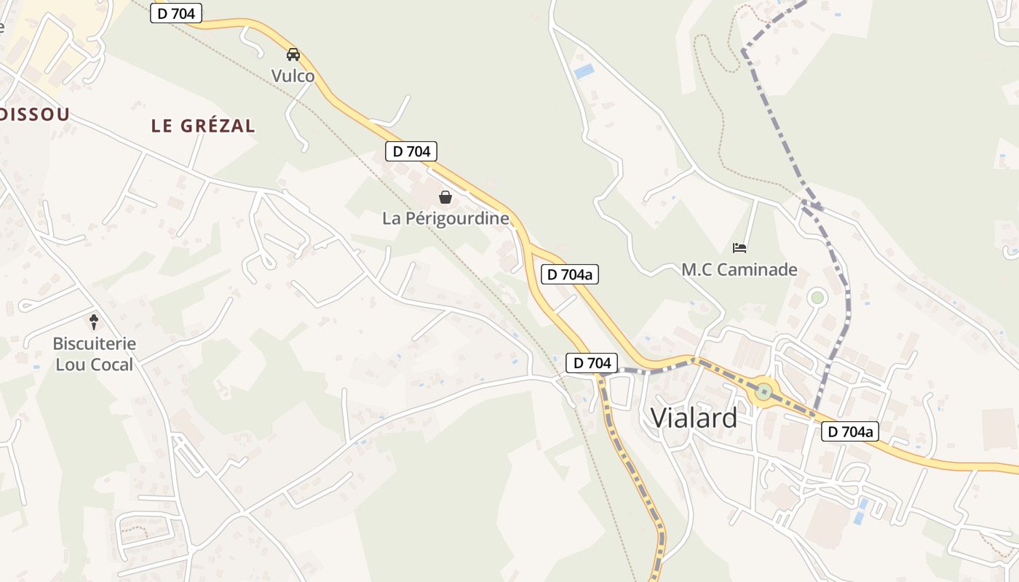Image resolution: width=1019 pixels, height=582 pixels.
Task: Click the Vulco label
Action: pyautogui.click(x=293, y=76)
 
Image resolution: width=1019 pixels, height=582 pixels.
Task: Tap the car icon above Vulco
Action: pyautogui.click(x=293, y=55)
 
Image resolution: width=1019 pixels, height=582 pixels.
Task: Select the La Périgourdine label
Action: pyautogui.click(x=445, y=218)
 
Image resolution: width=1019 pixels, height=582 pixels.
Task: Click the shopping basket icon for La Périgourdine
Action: pyautogui.click(x=445, y=197)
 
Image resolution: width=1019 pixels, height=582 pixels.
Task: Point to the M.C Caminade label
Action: pyautogui.click(x=740, y=270)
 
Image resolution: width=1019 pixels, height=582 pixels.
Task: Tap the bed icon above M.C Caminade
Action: pyautogui.click(x=740, y=248)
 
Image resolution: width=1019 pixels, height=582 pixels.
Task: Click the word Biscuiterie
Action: pyautogui.click(x=95, y=343)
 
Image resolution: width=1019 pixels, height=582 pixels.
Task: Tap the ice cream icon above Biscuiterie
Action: pyautogui.click(x=94, y=321)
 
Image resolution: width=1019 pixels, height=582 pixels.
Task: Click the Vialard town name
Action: pyautogui.click(x=694, y=418)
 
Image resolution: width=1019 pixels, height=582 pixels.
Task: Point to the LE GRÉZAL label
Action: pyautogui.click(x=203, y=126)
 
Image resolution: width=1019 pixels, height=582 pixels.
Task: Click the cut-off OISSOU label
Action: pyautogui.click(x=34, y=114)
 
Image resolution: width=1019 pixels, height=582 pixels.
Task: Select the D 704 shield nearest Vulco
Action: pyautogui.click(x=176, y=12)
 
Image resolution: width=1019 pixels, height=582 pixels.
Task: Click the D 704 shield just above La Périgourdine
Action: pyautogui.click(x=411, y=151)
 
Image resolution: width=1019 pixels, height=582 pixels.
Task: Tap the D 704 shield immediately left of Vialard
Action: pyautogui.click(x=592, y=363)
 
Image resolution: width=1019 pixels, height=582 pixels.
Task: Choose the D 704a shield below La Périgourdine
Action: pyautogui.click(x=570, y=274)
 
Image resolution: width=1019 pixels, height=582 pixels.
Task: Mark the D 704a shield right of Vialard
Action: pyautogui.click(x=850, y=431)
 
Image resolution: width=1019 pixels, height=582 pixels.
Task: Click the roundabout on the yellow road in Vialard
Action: pyautogui.click(x=763, y=391)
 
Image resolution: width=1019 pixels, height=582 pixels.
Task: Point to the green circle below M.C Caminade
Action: pyautogui.click(x=817, y=297)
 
